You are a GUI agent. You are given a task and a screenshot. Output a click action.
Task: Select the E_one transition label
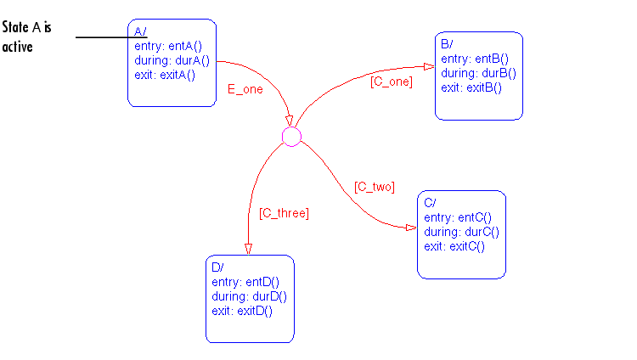pyautogui.click(x=245, y=89)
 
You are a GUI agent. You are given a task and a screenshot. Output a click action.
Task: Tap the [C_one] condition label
pyautogui.click(x=392, y=82)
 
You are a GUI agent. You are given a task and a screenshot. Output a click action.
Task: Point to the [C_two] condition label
pyautogui.click(x=375, y=187)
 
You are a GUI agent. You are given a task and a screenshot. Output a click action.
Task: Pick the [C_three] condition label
pyautogui.click(x=284, y=213)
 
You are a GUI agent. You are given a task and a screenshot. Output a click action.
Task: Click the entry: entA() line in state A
pyautogui.click(x=168, y=47)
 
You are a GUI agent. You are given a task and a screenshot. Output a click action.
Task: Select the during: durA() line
pyautogui.click(x=172, y=60)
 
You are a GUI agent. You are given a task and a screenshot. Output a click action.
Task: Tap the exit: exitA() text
pyautogui.click(x=165, y=76)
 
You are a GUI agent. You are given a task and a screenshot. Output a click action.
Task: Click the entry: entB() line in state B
pyautogui.click(x=475, y=59)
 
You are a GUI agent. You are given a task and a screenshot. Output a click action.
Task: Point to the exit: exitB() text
pyautogui.click(x=471, y=87)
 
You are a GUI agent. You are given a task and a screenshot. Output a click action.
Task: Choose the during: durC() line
pyautogui.click(x=461, y=232)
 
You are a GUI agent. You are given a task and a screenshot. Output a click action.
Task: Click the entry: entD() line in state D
pyautogui.click(x=245, y=282)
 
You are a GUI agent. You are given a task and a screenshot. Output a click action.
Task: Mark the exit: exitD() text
pyautogui.click(x=242, y=311)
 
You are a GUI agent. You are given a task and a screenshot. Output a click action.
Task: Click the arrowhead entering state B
pyautogui.click(x=430, y=66)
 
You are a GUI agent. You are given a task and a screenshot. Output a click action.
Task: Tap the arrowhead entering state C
pyautogui.click(x=412, y=228)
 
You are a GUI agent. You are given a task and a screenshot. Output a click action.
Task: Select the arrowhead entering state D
pyautogui.click(x=248, y=249)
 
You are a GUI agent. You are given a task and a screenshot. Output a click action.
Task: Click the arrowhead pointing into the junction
pyautogui.click(x=289, y=121)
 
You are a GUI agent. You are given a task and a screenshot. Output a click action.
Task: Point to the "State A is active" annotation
pyautogui.click(x=27, y=37)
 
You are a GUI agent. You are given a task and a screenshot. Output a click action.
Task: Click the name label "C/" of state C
pyautogui.click(x=430, y=203)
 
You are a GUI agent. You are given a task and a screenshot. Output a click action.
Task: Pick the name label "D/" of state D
pyautogui.click(x=217, y=267)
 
